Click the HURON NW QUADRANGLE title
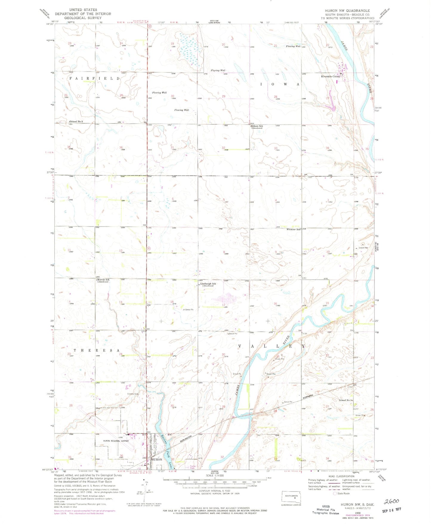(347, 10)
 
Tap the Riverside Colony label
(330, 76)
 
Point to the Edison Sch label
(257, 126)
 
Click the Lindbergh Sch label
(208, 284)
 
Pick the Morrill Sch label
(103, 280)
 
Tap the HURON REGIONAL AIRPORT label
(116, 441)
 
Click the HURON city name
(157, 459)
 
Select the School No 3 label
(76, 122)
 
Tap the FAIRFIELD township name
(94, 78)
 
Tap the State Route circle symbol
(335, 493)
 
